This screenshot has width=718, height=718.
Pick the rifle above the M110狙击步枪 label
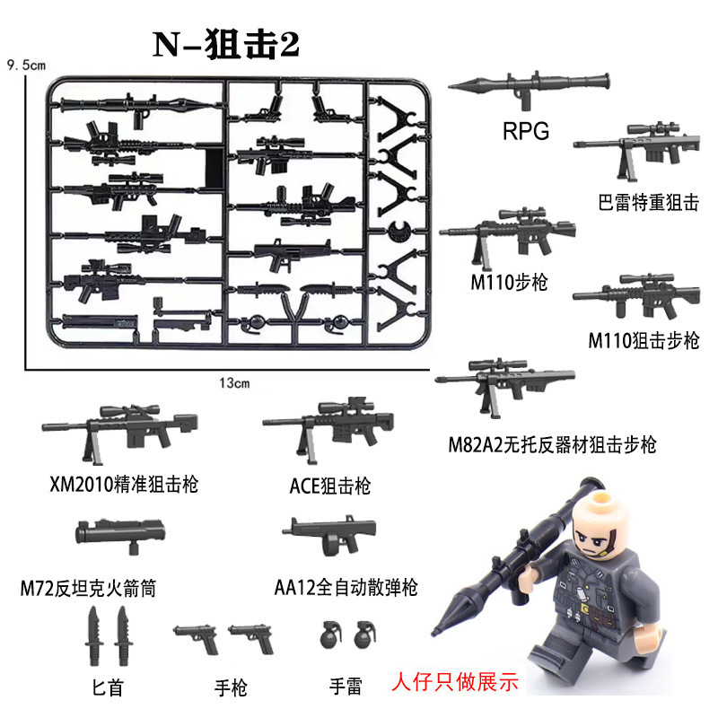click(636, 300)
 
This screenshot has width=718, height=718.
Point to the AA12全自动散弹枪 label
click(345, 588)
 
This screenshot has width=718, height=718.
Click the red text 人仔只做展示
click(456, 681)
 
